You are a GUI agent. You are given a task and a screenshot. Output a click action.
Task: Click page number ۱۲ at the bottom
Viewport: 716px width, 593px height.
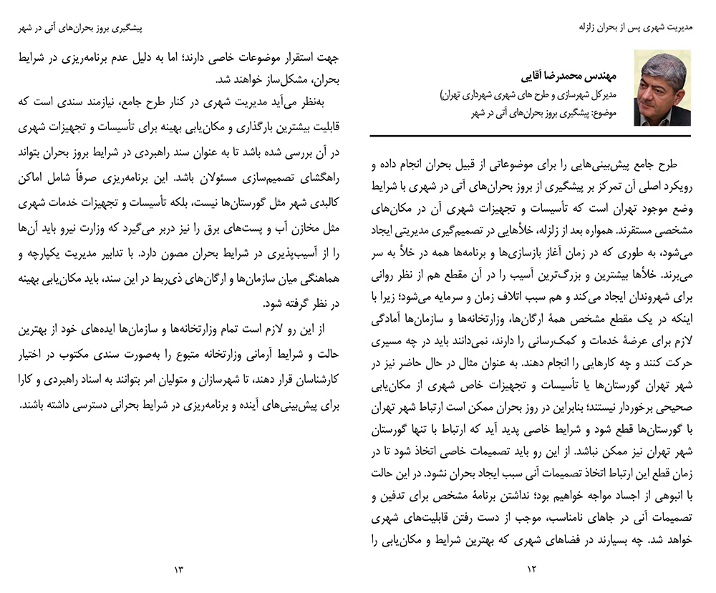point(531,569)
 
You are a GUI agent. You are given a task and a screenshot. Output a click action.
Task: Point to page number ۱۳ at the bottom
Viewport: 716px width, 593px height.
point(178,569)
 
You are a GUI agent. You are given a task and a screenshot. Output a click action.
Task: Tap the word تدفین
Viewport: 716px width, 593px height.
point(391,494)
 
